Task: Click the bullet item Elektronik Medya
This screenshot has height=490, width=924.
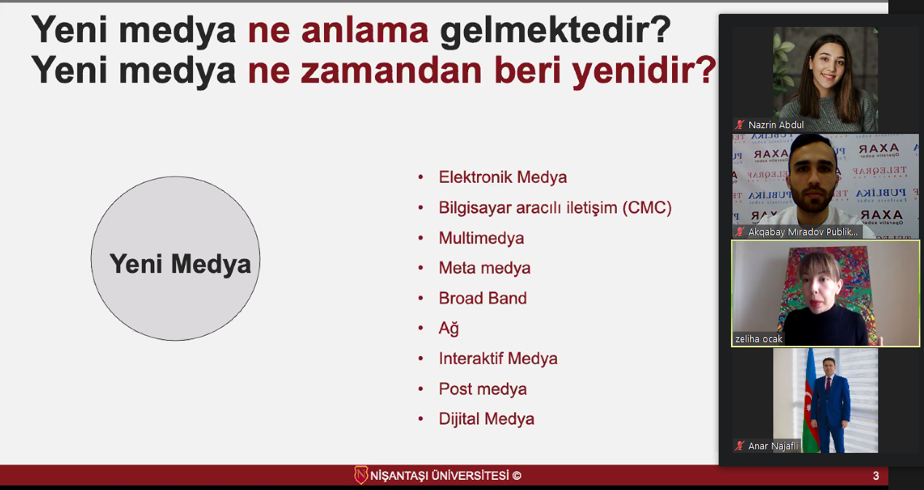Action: point(502,178)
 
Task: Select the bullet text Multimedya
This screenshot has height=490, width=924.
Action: point(481,238)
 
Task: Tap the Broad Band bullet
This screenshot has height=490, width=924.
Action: point(483,299)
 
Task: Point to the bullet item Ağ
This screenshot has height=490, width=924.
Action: point(449,328)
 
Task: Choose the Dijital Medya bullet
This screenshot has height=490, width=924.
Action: point(486,419)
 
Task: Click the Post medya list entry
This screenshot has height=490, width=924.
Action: point(483,389)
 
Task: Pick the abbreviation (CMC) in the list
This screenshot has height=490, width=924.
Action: point(647,208)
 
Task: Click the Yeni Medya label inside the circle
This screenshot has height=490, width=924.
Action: point(180,264)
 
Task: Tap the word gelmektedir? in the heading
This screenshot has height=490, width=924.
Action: point(556,31)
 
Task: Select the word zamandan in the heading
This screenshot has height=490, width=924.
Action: point(391,71)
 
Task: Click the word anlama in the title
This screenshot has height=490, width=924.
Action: point(365,31)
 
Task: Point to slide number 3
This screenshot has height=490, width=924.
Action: point(876,476)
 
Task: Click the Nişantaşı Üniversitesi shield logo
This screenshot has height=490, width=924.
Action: point(360,475)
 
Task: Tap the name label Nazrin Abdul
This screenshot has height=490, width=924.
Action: point(775,125)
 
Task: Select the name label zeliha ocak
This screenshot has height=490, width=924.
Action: point(759,339)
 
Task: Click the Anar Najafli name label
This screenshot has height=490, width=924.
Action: point(773,446)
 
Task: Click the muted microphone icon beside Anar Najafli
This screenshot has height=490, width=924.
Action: point(740,446)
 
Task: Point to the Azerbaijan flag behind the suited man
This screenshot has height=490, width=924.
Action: point(810,400)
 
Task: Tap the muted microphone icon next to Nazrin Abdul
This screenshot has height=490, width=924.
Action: point(740,125)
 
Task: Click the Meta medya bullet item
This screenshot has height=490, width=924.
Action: point(484,268)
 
